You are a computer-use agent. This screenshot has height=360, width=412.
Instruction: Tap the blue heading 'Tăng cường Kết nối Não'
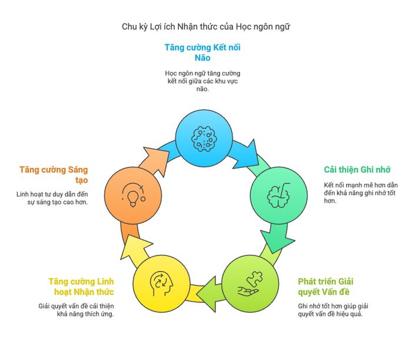coord(202,52)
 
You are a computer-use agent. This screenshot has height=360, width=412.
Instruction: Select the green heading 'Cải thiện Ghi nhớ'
coord(357,170)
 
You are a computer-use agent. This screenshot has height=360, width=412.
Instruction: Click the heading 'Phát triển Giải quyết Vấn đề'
coord(325,287)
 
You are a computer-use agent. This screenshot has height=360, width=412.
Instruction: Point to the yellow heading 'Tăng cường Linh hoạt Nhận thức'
coord(81,287)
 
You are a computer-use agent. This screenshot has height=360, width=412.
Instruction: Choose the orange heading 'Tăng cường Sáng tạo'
coord(54,175)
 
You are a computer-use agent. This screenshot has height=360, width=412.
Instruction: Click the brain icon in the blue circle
coord(204,139)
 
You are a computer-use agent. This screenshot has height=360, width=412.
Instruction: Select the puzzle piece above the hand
coord(255,280)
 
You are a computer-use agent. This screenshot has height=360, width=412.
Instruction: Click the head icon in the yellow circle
coord(161,284)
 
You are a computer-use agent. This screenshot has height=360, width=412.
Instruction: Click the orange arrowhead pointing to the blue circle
coord(157,161)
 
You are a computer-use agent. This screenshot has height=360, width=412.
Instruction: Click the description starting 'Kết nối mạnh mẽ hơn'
coord(361,193)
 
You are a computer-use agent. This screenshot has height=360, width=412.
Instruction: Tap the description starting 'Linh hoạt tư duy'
coord(52,198)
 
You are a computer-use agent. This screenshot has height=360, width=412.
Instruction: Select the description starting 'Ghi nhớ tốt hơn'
coord(333,310)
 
